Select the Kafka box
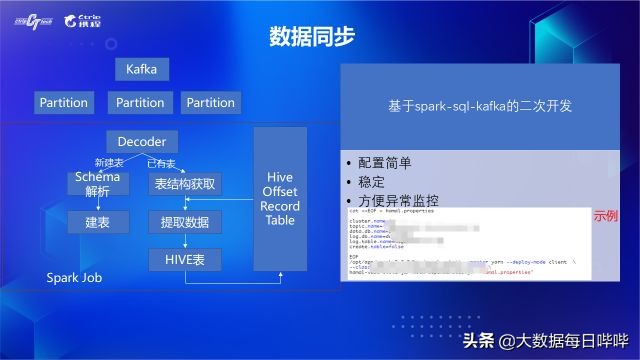click(141, 69)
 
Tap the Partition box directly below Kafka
click(140, 102)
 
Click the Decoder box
click(141, 142)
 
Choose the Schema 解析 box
click(98, 183)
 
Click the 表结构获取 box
click(184, 184)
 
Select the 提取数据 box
click(184, 221)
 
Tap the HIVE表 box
click(184, 259)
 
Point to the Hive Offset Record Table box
click(280, 198)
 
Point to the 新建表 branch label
click(107, 163)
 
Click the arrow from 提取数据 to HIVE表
click(184, 240)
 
